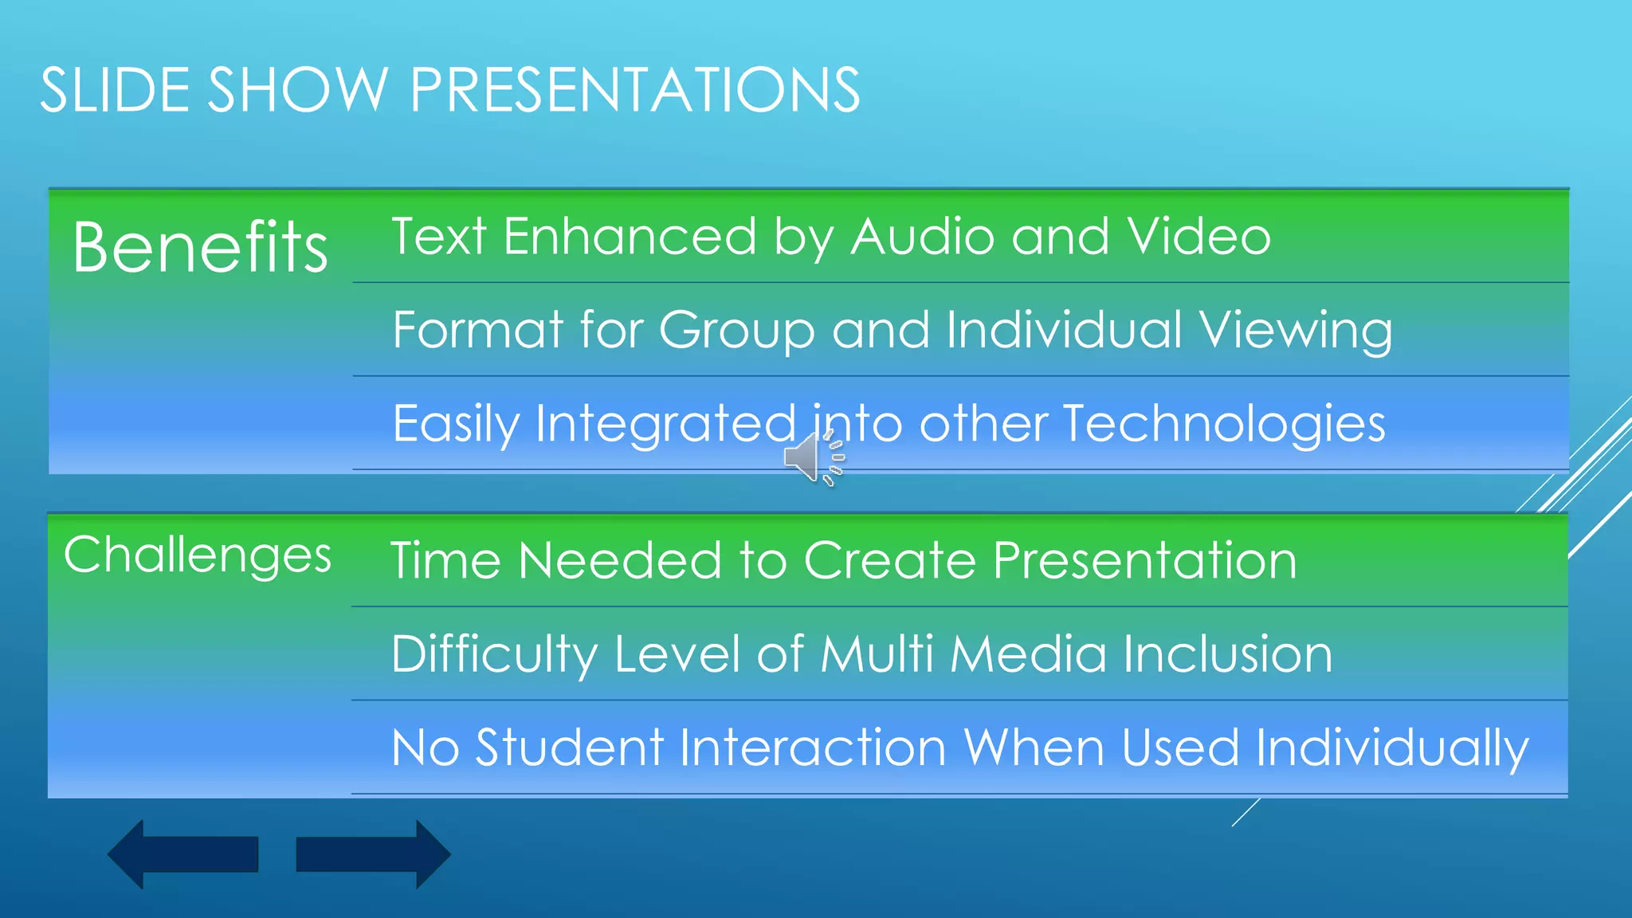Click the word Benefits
(200, 247)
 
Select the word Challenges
(198, 555)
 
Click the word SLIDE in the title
(115, 89)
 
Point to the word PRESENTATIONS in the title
(634, 89)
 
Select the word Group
(737, 331)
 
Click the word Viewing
(1296, 331)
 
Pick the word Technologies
(1224, 424)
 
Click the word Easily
(456, 425)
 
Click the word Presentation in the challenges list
(1145, 560)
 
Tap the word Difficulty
(494, 655)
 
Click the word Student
(570, 747)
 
